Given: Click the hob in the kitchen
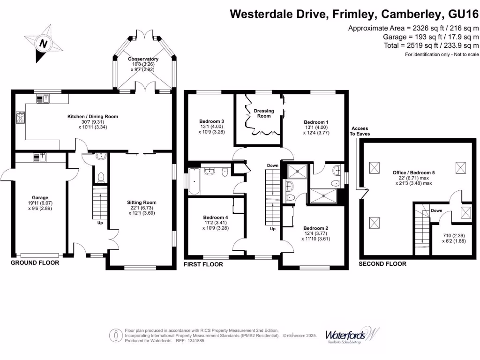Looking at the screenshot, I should [x=21, y=117].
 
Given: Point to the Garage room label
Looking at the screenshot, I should [x=40, y=198].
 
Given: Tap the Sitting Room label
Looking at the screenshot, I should [x=141, y=202].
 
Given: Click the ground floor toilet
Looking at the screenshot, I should [x=100, y=176].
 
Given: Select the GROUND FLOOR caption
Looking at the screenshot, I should [x=35, y=263].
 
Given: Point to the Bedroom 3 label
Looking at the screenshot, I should [x=209, y=121].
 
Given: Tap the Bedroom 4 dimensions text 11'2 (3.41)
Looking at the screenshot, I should [x=215, y=223].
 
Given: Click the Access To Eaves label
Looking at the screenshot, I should [x=360, y=131].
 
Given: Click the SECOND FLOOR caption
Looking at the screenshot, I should [x=382, y=264].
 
